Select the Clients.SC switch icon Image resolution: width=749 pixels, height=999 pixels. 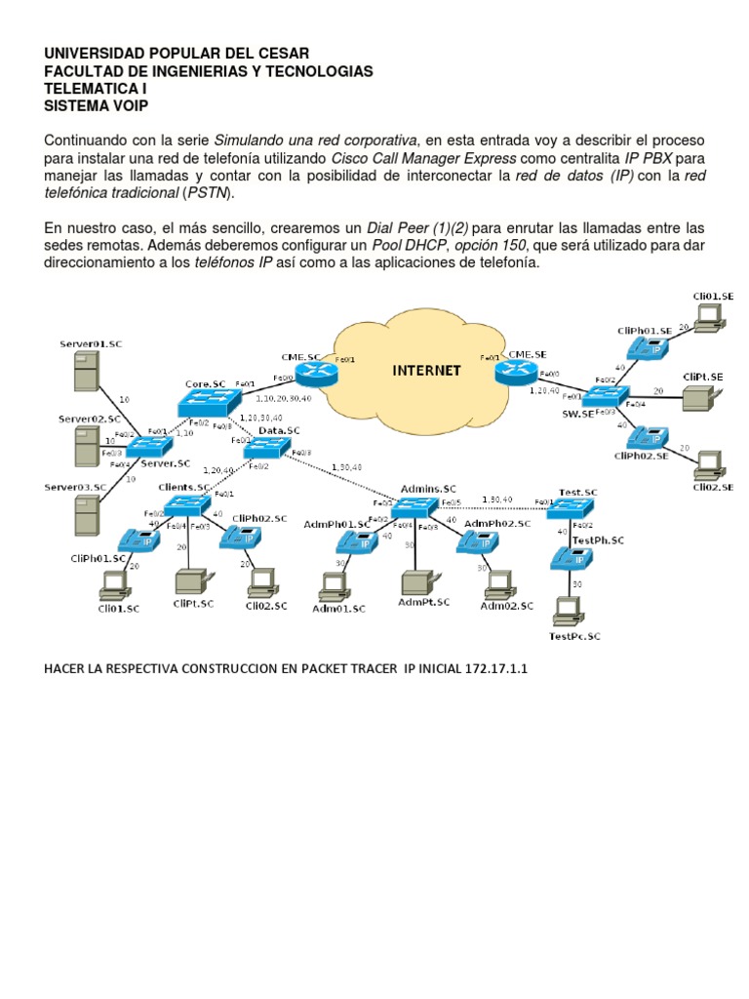point(185,504)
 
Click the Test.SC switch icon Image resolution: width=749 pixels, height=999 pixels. point(572,507)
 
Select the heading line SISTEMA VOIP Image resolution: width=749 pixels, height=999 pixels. point(97,105)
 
